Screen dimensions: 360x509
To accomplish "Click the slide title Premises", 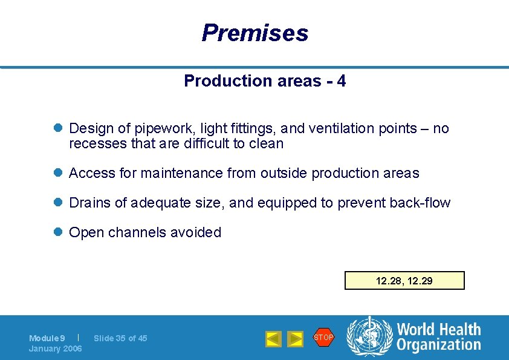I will (x=254, y=33).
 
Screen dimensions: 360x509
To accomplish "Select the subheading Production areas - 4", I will (x=265, y=81).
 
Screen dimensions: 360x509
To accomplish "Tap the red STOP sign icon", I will (x=323, y=338).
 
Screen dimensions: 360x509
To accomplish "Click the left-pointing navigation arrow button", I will (x=274, y=339).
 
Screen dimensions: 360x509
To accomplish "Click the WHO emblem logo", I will (x=369, y=337).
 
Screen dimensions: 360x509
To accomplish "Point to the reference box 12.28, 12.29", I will (x=404, y=281).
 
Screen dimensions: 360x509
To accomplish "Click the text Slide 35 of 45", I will (x=120, y=338).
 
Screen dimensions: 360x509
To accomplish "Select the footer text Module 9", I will (x=47, y=338).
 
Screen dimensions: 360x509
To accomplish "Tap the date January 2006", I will (x=56, y=349).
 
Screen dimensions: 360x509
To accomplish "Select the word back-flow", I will (x=421, y=203).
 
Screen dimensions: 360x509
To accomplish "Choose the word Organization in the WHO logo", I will (x=439, y=345).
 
